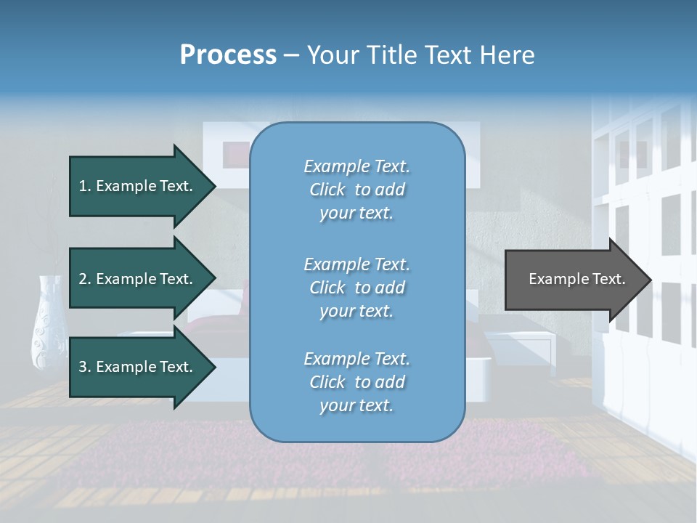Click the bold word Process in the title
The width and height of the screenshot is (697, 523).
[228, 55]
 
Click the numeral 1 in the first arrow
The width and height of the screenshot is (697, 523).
[83, 186]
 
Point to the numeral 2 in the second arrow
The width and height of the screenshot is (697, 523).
[83, 279]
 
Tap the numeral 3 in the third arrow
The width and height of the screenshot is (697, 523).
[83, 367]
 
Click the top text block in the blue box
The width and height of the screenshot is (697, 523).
[356, 190]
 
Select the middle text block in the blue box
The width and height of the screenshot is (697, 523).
[356, 288]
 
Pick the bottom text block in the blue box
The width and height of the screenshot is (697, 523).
[356, 382]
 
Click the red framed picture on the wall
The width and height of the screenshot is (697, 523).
[236, 153]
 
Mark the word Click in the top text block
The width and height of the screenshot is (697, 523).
[327, 190]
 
